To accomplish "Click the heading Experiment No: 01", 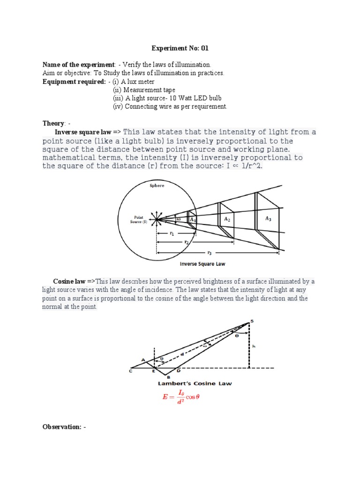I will tap(180, 48).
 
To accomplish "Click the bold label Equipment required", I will tap(74, 82).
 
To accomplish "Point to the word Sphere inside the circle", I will tap(157, 186).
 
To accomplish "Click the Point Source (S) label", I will tap(138, 219).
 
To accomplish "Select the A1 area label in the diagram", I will tap(192, 219).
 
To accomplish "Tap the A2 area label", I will tap(227, 219).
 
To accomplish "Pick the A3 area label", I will tap(268, 218).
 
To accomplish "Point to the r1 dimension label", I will tap(172, 233).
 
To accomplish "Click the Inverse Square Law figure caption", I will tap(202, 264).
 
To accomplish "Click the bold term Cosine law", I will tap(69, 281).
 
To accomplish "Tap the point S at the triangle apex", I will tap(251, 320).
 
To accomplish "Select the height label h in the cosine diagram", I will tap(253, 346).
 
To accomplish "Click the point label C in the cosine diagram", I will tap(130, 371).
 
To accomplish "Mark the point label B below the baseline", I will tap(168, 377).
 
